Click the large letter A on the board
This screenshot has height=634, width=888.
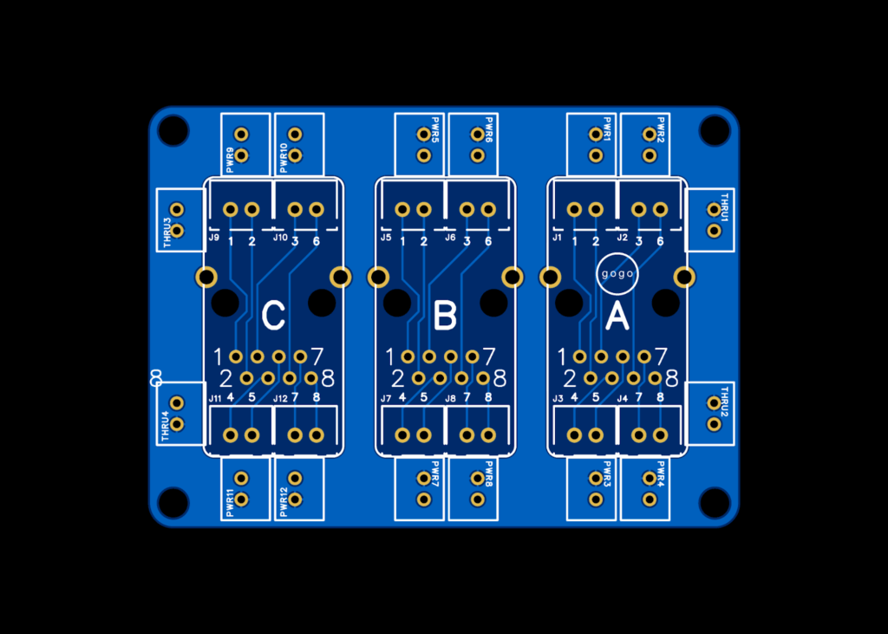tap(617, 317)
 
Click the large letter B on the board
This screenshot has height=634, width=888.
tap(445, 317)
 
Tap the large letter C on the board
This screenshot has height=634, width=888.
tap(273, 317)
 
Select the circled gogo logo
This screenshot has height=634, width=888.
tap(617, 274)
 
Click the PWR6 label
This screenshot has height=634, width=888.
tap(489, 130)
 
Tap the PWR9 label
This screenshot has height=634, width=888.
tap(230, 160)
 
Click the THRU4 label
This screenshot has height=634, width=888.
tap(165, 426)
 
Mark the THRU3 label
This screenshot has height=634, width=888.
tap(166, 232)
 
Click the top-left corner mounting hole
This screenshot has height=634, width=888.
tap(173, 131)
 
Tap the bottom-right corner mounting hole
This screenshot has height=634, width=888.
tap(715, 503)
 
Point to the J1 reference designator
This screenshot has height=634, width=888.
tap(557, 237)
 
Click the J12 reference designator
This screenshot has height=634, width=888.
tap(280, 398)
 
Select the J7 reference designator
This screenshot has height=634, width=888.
tap(386, 398)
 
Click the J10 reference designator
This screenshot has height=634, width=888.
tap(280, 237)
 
